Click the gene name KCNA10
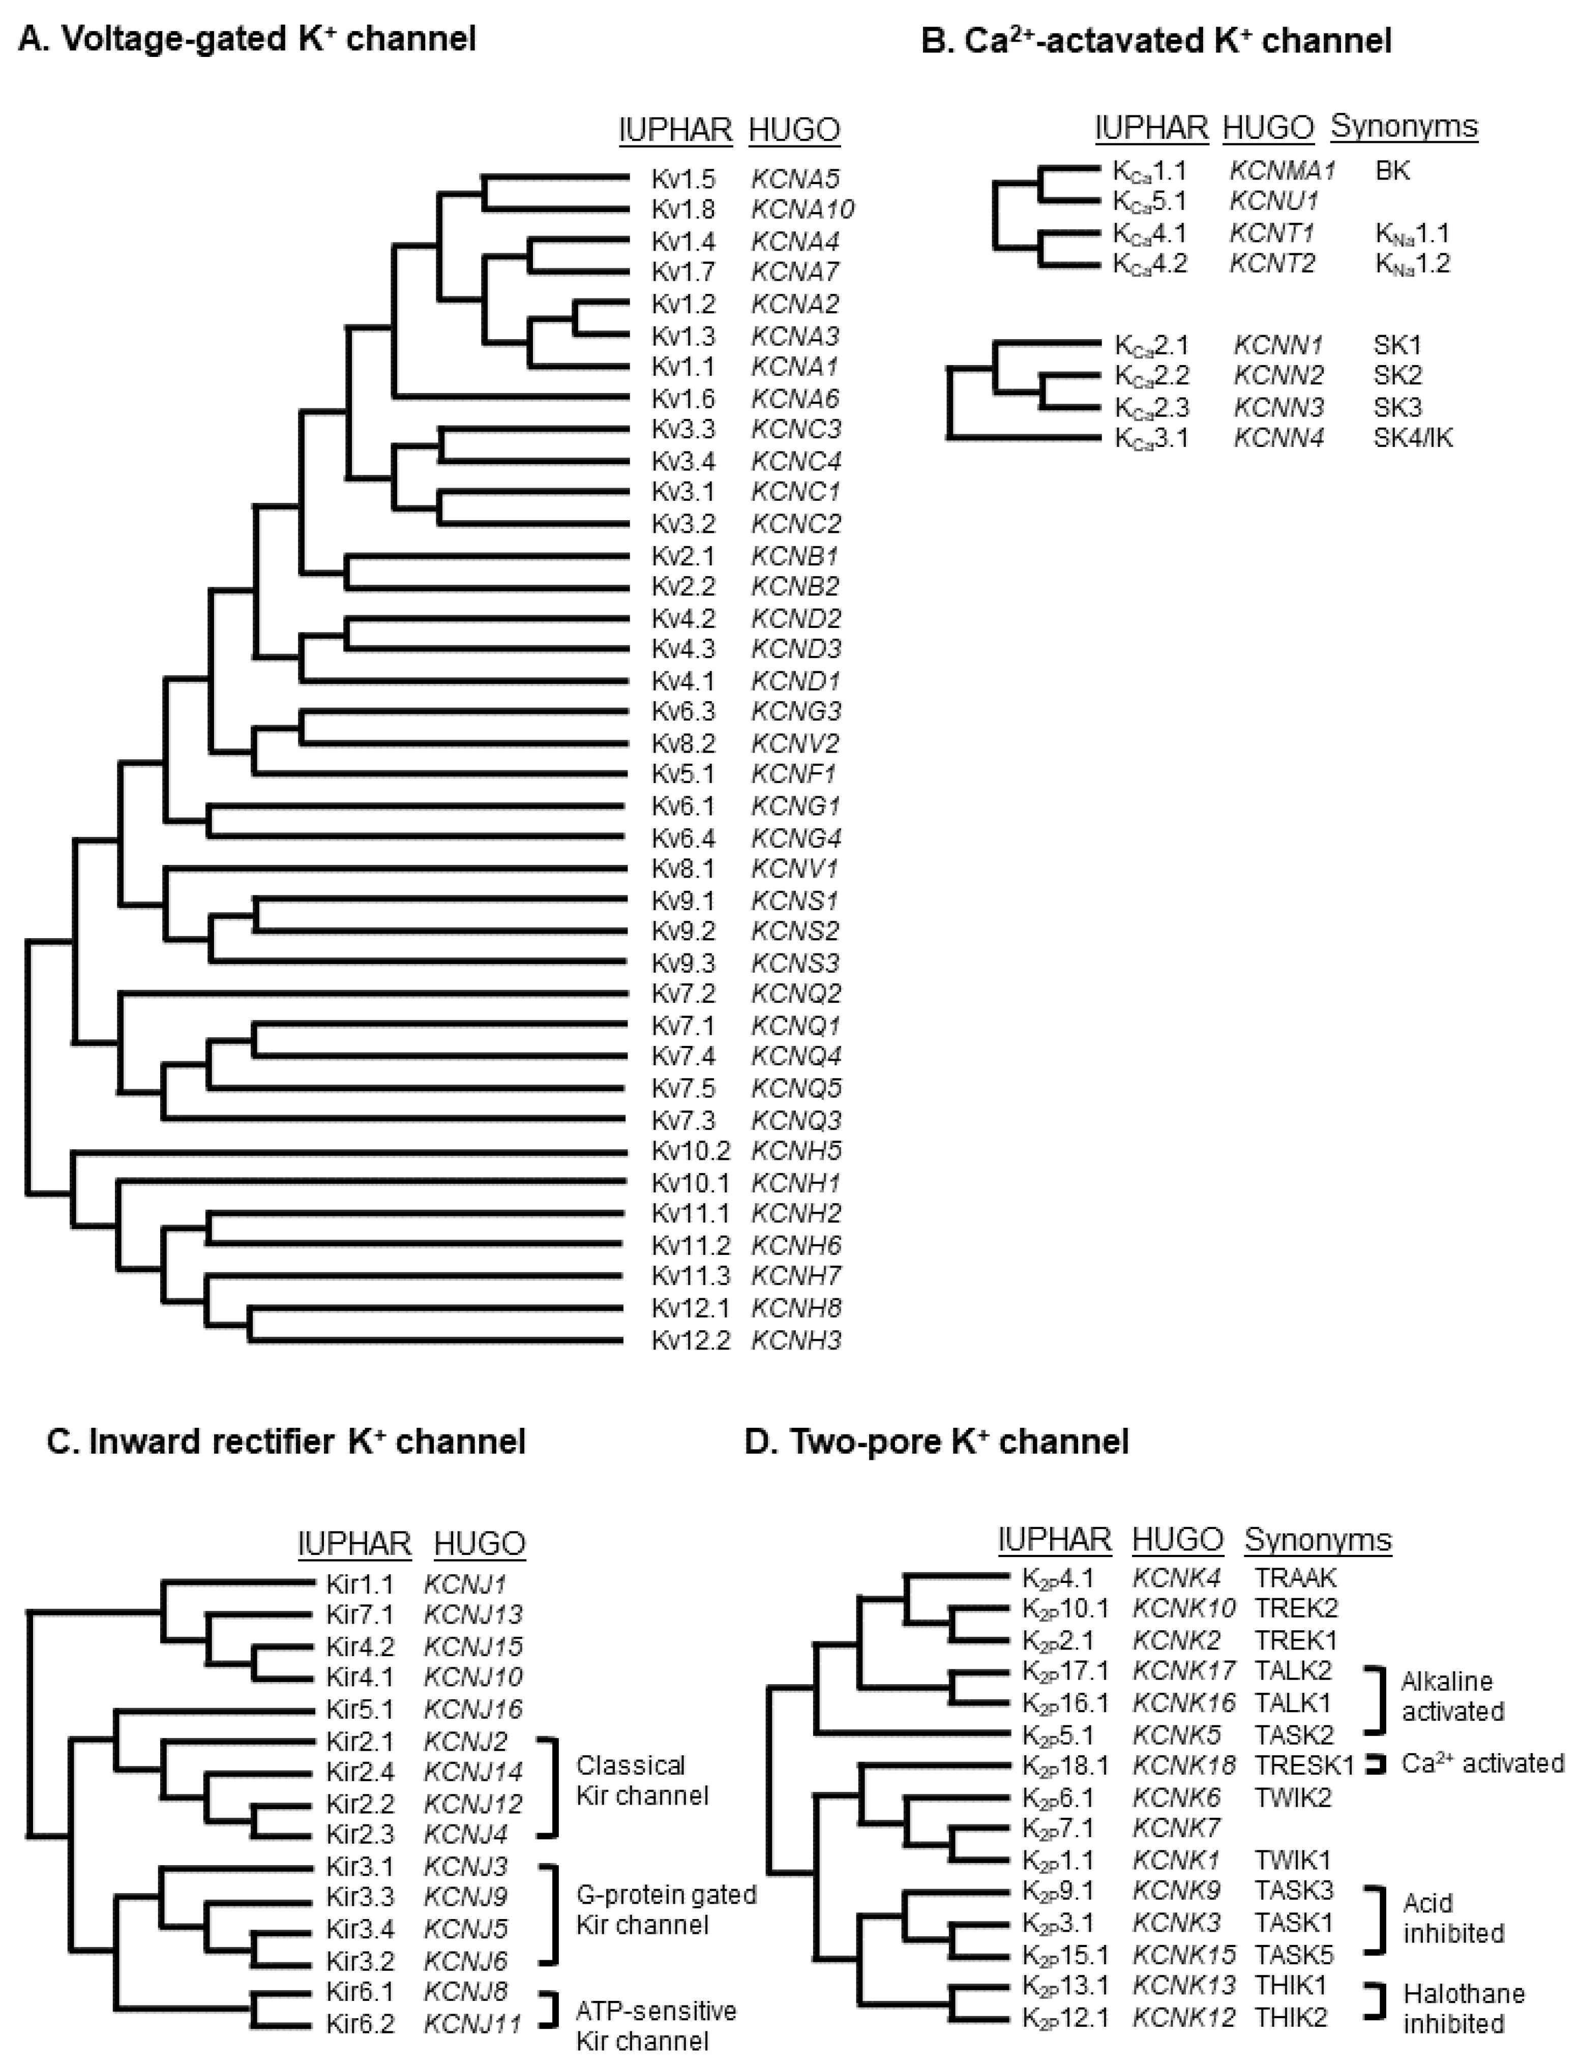(x=802, y=209)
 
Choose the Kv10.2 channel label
(x=690, y=1151)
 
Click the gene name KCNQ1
(x=795, y=1025)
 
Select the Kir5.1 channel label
(x=359, y=1709)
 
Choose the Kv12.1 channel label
(x=690, y=1308)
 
